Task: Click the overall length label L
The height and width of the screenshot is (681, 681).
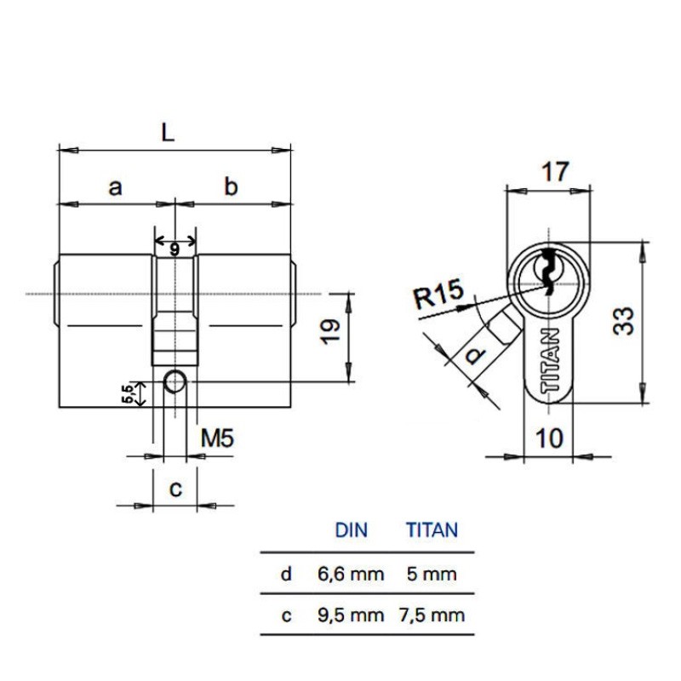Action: tap(168, 133)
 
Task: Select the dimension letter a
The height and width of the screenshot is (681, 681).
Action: tap(115, 188)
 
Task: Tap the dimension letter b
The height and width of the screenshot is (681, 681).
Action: tap(231, 186)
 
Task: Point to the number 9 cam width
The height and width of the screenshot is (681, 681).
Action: tap(175, 249)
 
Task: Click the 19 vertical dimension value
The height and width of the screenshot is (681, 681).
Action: tap(330, 332)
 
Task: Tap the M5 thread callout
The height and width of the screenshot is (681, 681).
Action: tap(218, 438)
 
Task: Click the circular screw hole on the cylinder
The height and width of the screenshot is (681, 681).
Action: tap(175, 381)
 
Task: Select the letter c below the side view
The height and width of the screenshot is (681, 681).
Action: tap(175, 489)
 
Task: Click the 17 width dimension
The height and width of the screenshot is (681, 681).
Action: tap(555, 172)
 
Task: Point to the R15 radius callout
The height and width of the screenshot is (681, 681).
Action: tap(438, 294)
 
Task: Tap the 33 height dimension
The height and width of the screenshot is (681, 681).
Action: tap(623, 321)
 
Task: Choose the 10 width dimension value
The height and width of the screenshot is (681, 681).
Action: tap(549, 438)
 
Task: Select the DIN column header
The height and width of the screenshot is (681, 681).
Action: tap(352, 530)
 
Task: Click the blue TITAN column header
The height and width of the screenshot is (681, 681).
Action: tap(432, 530)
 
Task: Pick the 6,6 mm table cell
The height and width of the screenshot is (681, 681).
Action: tap(351, 574)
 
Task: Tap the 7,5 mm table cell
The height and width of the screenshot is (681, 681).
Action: tap(432, 615)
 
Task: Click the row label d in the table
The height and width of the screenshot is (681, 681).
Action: tap(286, 574)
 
